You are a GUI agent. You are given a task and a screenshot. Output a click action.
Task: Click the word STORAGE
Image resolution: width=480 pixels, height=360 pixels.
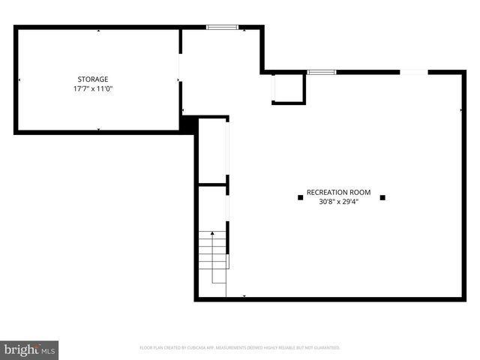(93, 79)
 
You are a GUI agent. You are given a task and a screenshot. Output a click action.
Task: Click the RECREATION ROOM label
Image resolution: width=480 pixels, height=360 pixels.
(339, 192)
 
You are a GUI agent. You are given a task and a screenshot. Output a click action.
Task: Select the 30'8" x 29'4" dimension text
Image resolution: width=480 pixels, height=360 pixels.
(339, 201)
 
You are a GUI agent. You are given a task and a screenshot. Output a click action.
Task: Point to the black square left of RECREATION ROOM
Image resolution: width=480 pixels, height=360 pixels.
(301, 197)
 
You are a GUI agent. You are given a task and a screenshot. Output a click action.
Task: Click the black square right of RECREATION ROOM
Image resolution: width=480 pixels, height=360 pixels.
(382, 197)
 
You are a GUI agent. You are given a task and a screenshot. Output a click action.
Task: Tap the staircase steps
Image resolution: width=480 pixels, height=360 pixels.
(213, 255)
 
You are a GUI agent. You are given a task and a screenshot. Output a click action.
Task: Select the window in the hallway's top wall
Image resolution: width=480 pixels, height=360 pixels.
(222, 28)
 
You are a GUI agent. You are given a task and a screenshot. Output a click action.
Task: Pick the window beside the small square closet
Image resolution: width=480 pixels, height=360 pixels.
(320, 72)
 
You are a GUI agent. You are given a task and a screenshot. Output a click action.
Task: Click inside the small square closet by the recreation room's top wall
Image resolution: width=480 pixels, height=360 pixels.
(288, 88)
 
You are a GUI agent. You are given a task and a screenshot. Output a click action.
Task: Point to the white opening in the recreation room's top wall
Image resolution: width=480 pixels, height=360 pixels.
(414, 72)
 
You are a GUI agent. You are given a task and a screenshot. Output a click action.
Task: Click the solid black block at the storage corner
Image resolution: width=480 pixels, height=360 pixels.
(189, 123)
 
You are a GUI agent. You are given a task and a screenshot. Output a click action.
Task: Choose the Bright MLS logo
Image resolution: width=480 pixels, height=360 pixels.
(30, 349)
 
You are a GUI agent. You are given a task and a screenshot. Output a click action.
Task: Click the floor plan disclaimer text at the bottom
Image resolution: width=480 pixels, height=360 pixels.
(240, 348)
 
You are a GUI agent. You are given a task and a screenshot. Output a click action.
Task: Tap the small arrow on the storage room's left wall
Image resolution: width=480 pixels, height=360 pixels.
(19, 79)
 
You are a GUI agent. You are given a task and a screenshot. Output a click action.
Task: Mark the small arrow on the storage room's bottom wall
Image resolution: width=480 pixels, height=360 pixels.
(98, 130)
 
